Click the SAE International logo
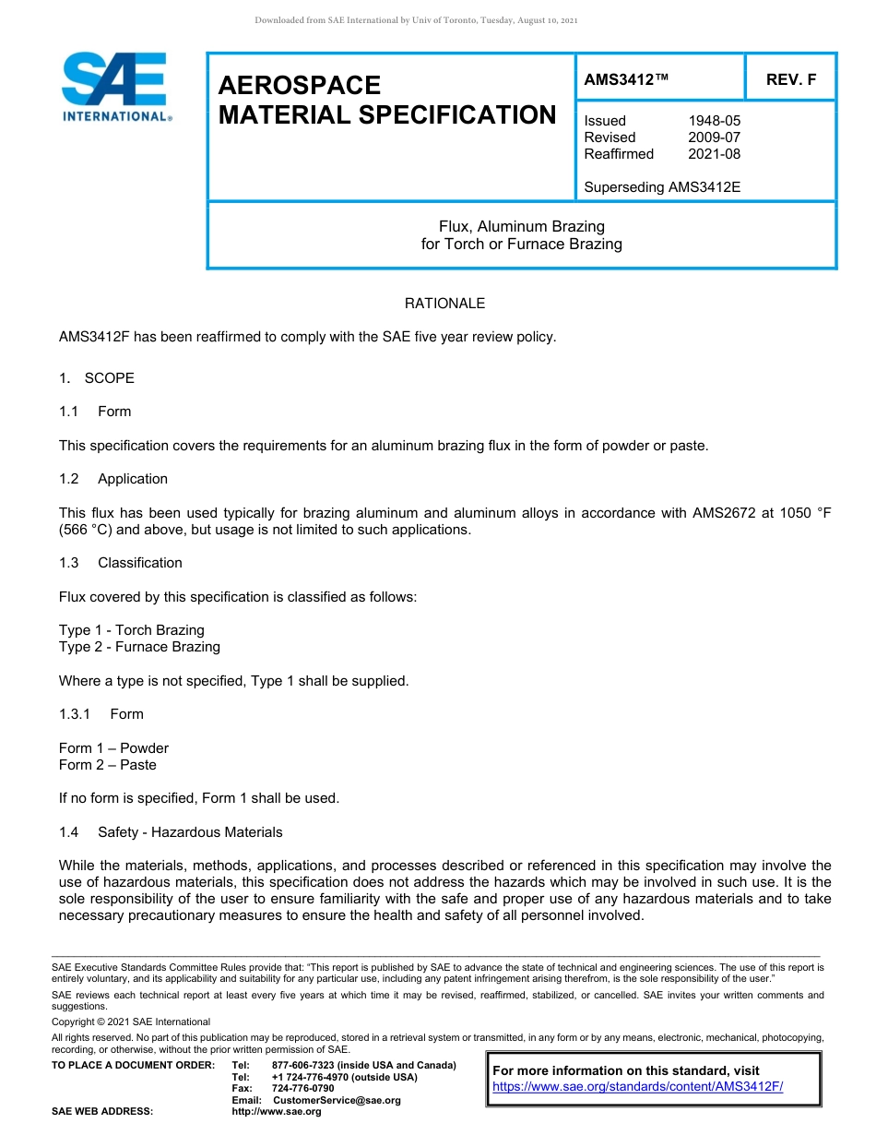pyautogui.click(x=116, y=87)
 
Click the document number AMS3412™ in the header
pyautogui.click(x=625, y=79)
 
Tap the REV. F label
pyautogui.click(x=790, y=79)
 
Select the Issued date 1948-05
pyautogui.click(x=714, y=121)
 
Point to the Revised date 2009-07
pyautogui.click(x=714, y=137)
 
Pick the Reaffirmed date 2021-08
pyautogui.click(x=714, y=154)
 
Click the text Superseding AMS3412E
pyautogui.click(x=662, y=187)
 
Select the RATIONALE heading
pyautogui.click(x=444, y=304)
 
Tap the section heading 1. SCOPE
pyautogui.click(x=97, y=378)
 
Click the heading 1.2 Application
pyautogui.click(x=114, y=479)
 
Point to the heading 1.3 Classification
pyautogui.click(x=121, y=563)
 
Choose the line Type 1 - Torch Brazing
pyautogui.click(x=132, y=630)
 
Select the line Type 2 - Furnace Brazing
pyautogui.click(x=139, y=647)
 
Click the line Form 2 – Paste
pyautogui.click(x=108, y=765)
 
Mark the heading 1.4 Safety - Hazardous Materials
pyautogui.click(x=171, y=832)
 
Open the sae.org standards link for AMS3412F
pyautogui.click(x=637, y=1086)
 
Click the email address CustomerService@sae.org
pyautogui.click(x=337, y=1100)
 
